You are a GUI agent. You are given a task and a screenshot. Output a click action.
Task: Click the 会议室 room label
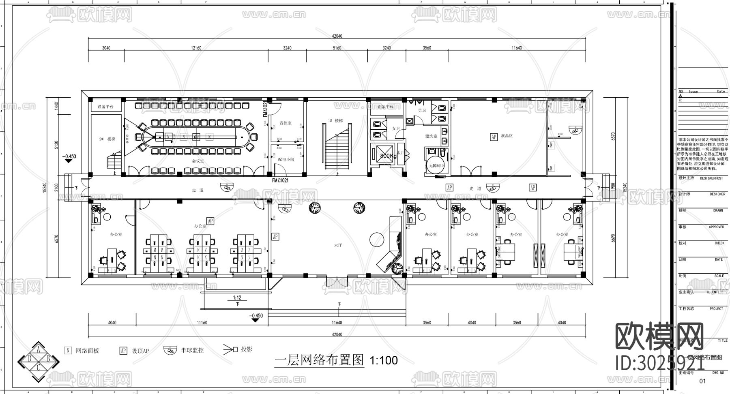point(198,161)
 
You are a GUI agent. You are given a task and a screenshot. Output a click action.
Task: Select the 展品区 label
point(507,136)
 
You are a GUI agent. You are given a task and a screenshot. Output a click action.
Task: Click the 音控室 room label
point(286,123)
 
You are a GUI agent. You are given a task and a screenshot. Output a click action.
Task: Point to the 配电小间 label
point(286,160)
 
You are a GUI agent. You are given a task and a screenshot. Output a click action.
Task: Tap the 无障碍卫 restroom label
point(437,165)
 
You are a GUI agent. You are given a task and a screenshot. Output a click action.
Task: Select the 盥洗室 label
point(431,136)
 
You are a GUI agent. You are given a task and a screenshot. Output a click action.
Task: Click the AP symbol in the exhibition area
point(494,137)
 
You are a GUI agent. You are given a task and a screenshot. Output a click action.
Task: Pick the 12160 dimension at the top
point(196,48)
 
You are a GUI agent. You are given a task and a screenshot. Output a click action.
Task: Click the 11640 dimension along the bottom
point(337,323)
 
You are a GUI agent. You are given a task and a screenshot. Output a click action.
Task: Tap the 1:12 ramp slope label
point(237,298)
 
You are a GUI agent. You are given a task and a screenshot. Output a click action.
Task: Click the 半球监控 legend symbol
point(170,350)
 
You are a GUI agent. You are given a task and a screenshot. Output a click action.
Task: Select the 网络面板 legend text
point(88,351)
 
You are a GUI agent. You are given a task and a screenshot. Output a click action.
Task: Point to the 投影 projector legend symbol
point(230,349)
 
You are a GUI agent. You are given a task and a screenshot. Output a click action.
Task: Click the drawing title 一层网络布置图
point(319,360)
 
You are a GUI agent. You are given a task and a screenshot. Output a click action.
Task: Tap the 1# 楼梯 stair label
point(335,121)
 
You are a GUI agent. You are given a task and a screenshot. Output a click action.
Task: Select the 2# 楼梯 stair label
point(107,139)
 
